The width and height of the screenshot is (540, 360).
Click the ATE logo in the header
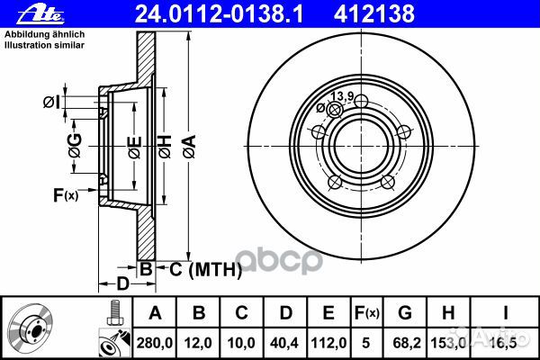(x=40, y=15)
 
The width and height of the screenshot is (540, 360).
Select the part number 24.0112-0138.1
(x=219, y=14)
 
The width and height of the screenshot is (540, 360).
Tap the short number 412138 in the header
(x=374, y=14)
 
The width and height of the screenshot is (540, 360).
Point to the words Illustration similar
(x=44, y=45)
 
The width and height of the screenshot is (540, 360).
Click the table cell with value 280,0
(x=155, y=343)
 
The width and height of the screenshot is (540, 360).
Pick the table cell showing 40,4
(x=284, y=343)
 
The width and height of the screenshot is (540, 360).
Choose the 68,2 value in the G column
(x=405, y=343)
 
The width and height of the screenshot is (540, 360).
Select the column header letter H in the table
(x=447, y=313)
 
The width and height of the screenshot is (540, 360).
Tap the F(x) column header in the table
(x=366, y=313)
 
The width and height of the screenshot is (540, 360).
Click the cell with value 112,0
(x=328, y=343)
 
